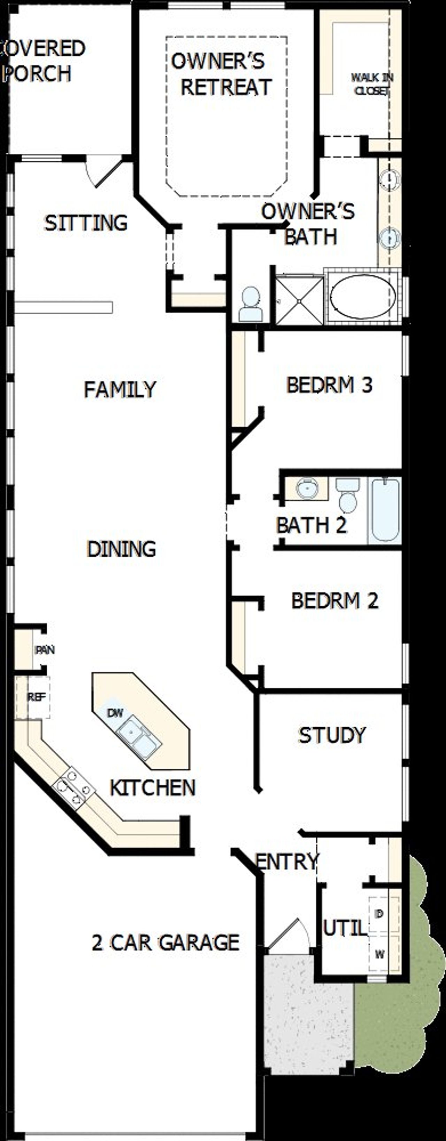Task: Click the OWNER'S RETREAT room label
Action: coord(222,74)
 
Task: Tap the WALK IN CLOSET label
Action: coord(372,84)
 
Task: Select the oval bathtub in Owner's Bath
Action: coord(362,296)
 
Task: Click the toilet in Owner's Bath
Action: coord(251,305)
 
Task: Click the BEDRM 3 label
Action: coord(330,384)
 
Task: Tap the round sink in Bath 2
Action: coord(307,488)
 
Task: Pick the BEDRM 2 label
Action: coord(334,600)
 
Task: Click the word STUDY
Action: coord(332,735)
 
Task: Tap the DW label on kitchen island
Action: coord(115,713)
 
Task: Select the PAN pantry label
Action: coord(45,650)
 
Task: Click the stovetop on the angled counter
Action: coord(74,788)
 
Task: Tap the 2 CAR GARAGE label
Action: coord(165,943)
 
